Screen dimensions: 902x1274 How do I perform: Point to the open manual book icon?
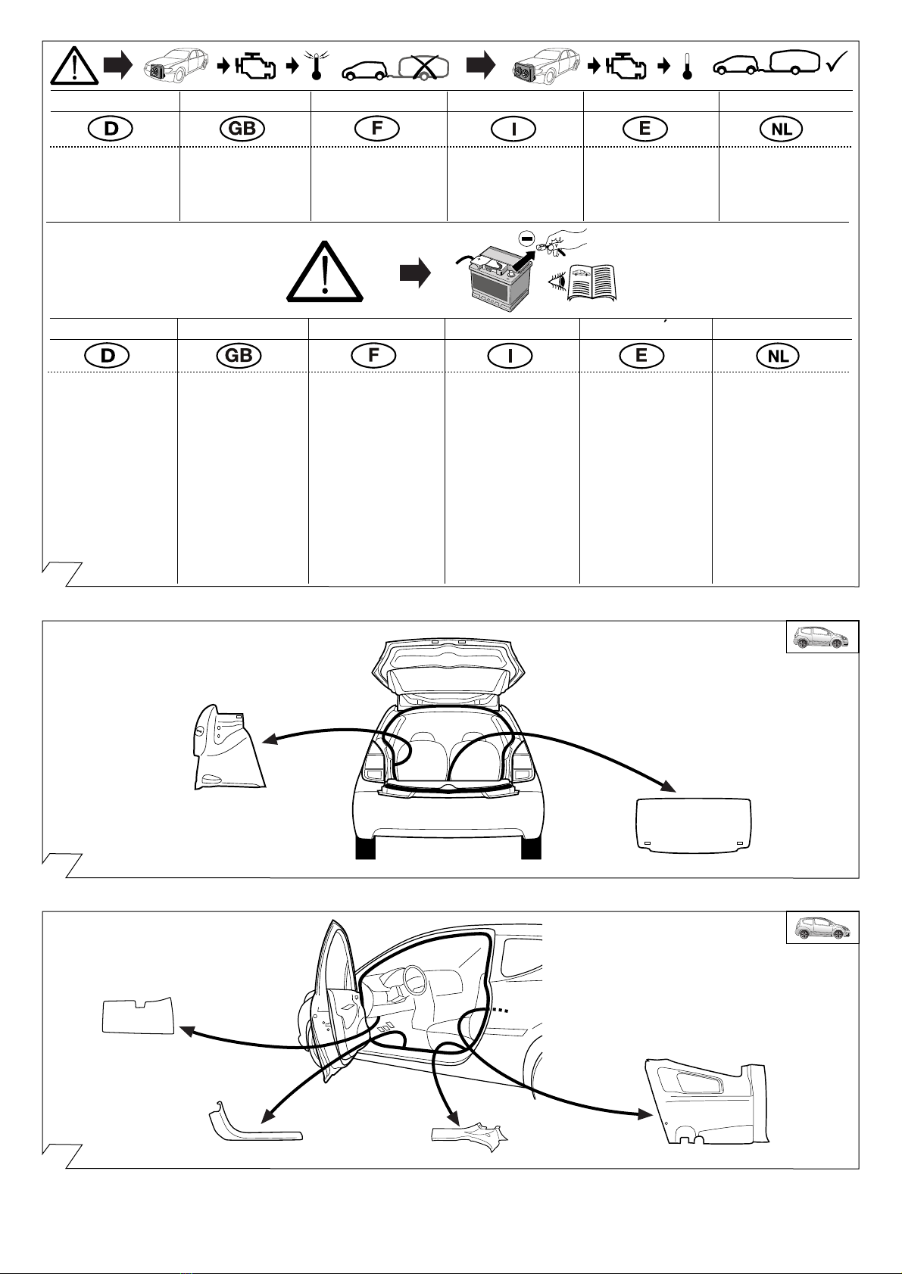click(x=591, y=282)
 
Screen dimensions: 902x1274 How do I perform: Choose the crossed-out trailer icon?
click(x=424, y=67)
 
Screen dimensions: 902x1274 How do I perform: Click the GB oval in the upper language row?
click(x=242, y=128)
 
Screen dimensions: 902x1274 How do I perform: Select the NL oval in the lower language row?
click(x=778, y=356)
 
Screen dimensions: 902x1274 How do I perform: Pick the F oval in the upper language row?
click(x=376, y=128)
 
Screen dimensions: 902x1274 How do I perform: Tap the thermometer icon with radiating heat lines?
click(x=317, y=65)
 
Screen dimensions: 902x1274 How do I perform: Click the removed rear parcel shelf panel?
click(x=693, y=825)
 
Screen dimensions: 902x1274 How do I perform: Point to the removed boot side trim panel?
click(x=228, y=748)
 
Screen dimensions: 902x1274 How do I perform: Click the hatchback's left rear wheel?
click(x=365, y=848)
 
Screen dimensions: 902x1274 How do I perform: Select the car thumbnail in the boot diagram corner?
click(x=822, y=637)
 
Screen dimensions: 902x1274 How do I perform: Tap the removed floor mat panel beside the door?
click(x=139, y=1016)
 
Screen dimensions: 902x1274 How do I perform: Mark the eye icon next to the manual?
click(x=557, y=281)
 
